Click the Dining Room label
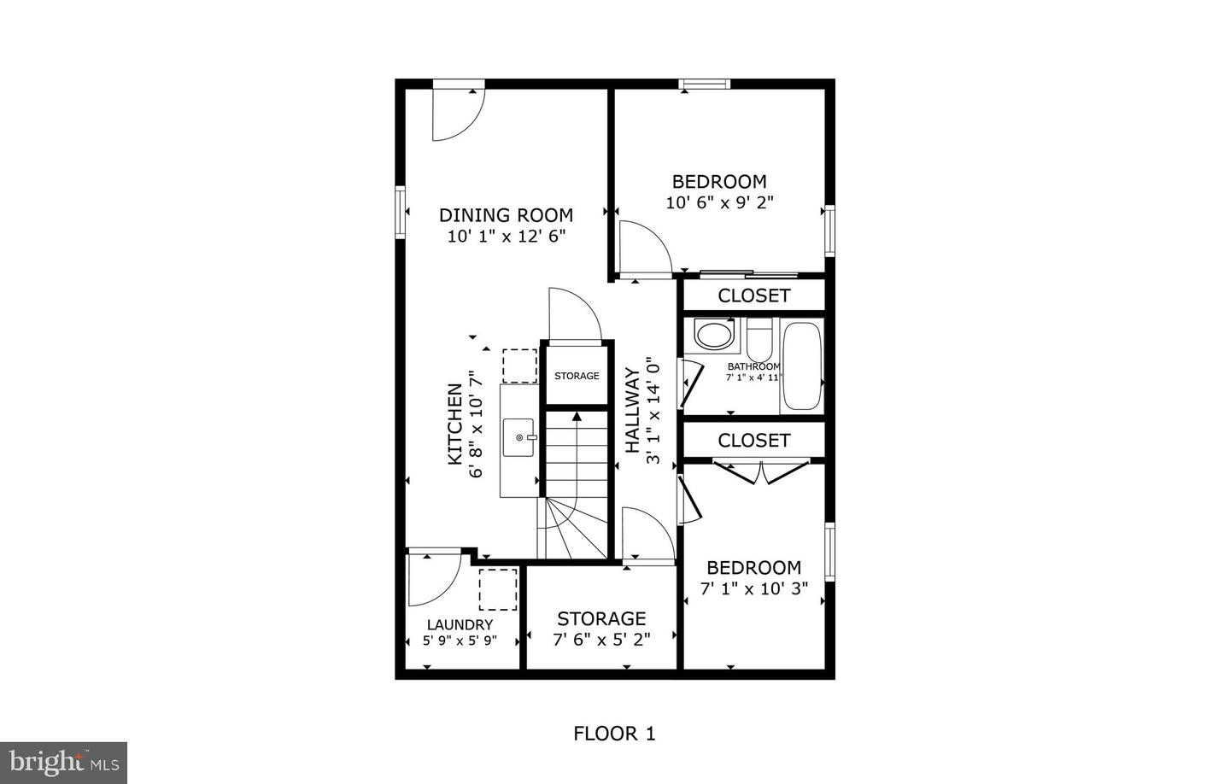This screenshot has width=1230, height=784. (x=506, y=215)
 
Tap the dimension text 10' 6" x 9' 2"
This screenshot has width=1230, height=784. (x=719, y=202)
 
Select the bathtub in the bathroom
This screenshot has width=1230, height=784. (x=802, y=366)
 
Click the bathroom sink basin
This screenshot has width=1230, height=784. (x=714, y=334)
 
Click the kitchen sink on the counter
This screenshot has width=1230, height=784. (x=519, y=437)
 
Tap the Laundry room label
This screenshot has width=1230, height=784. (x=460, y=624)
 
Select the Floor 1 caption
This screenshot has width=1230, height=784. (x=614, y=733)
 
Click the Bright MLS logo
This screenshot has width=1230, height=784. (x=63, y=762)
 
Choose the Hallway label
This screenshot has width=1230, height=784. (x=632, y=410)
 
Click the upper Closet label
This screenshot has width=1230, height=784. (x=753, y=295)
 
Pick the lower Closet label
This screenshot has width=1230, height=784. (x=753, y=440)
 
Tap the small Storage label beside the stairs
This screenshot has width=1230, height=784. (x=577, y=376)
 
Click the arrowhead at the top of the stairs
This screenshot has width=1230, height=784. (x=577, y=416)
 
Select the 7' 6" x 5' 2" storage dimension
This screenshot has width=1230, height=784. (x=601, y=638)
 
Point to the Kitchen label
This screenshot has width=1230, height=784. (x=455, y=424)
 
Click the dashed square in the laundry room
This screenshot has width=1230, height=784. (x=497, y=589)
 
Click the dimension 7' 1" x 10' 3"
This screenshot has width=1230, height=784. (x=753, y=588)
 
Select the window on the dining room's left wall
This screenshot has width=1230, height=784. (x=399, y=211)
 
